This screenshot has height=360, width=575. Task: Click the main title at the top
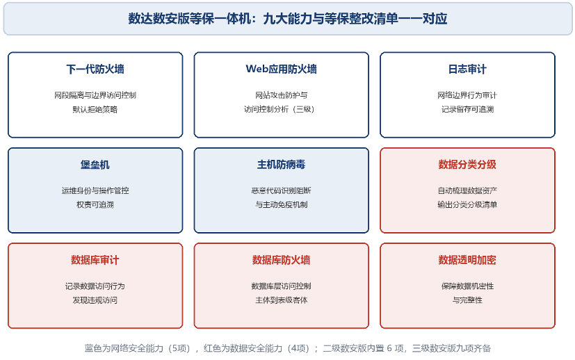click(288, 18)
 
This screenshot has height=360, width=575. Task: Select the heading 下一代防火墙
click(95, 69)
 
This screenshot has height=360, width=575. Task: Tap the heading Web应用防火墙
click(282, 69)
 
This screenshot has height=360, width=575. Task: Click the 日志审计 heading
click(467, 69)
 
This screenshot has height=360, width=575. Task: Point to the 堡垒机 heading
click(95, 165)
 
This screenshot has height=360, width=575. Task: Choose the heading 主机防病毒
click(282, 165)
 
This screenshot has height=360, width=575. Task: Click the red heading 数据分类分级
click(467, 165)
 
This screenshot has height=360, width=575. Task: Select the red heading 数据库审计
click(95, 260)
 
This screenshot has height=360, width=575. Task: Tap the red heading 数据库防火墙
click(282, 260)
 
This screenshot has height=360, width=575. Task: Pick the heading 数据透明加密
click(467, 260)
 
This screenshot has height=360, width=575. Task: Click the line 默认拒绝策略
click(95, 109)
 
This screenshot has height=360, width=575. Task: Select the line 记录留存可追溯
click(467, 109)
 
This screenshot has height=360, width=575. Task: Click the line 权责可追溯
click(95, 204)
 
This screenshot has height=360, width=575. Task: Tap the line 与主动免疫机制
click(282, 204)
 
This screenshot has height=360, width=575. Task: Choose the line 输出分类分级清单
click(467, 204)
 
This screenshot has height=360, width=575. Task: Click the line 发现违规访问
click(95, 300)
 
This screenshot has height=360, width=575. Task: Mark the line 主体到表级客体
click(282, 300)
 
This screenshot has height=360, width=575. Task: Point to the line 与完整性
click(467, 300)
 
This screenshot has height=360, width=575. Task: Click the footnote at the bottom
click(288, 348)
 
